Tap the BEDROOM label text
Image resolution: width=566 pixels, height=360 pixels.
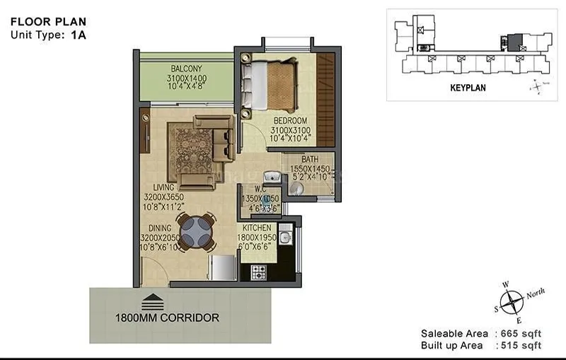[x=291, y=120]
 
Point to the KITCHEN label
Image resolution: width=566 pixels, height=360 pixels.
[x=258, y=229]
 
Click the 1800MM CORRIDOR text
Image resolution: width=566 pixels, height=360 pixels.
[x=167, y=318]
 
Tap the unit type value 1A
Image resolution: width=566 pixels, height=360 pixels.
[x=78, y=33]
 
